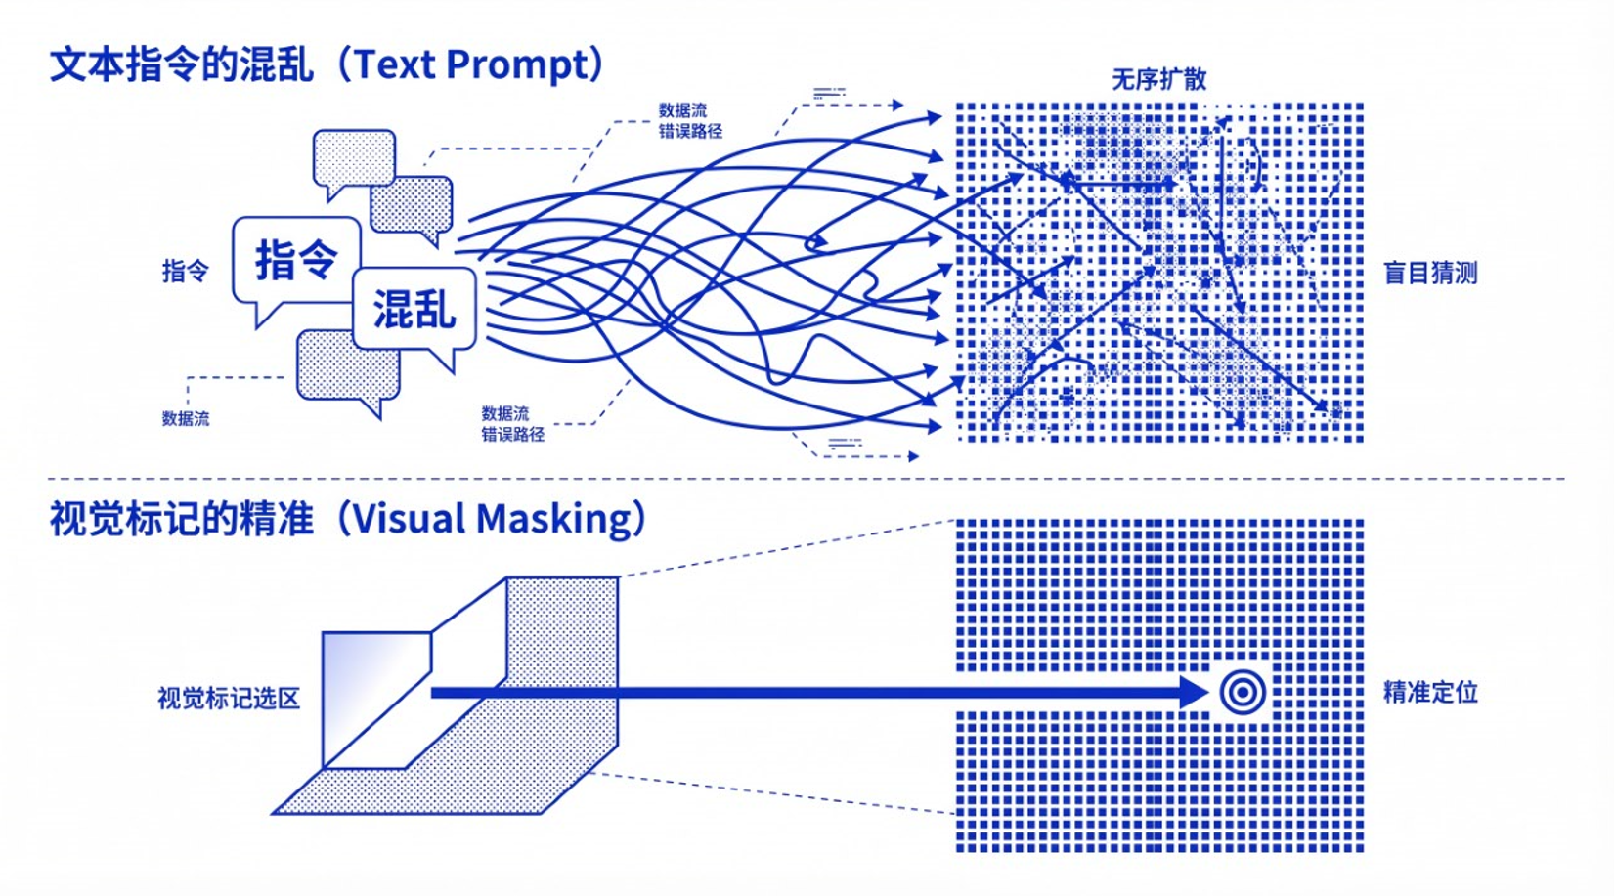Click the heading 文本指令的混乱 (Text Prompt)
pos(327,64)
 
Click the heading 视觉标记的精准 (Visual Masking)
pos(347,519)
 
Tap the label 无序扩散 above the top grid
pos(1158,79)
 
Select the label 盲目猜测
pos(1429,273)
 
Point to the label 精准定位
pos(1429,693)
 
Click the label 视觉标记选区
pos(229,699)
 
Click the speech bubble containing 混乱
pos(414,310)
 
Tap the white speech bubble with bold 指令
pos(295,261)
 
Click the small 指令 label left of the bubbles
pos(185,271)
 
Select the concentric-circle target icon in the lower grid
pos(1243,693)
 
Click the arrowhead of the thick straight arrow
pos(1196,693)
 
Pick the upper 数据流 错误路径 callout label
pos(689,121)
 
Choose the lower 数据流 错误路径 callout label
pos(512,424)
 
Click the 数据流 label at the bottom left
pos(185,419)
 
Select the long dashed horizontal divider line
pos(807,479)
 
